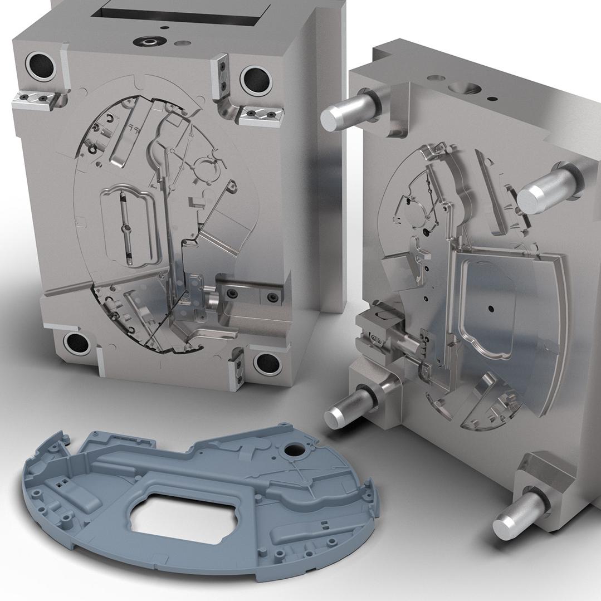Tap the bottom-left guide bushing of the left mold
tap(77, 343)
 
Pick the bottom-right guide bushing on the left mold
tap(267, 363)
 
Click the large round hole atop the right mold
tap(462, 88)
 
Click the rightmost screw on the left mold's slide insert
tap(272, 296)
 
